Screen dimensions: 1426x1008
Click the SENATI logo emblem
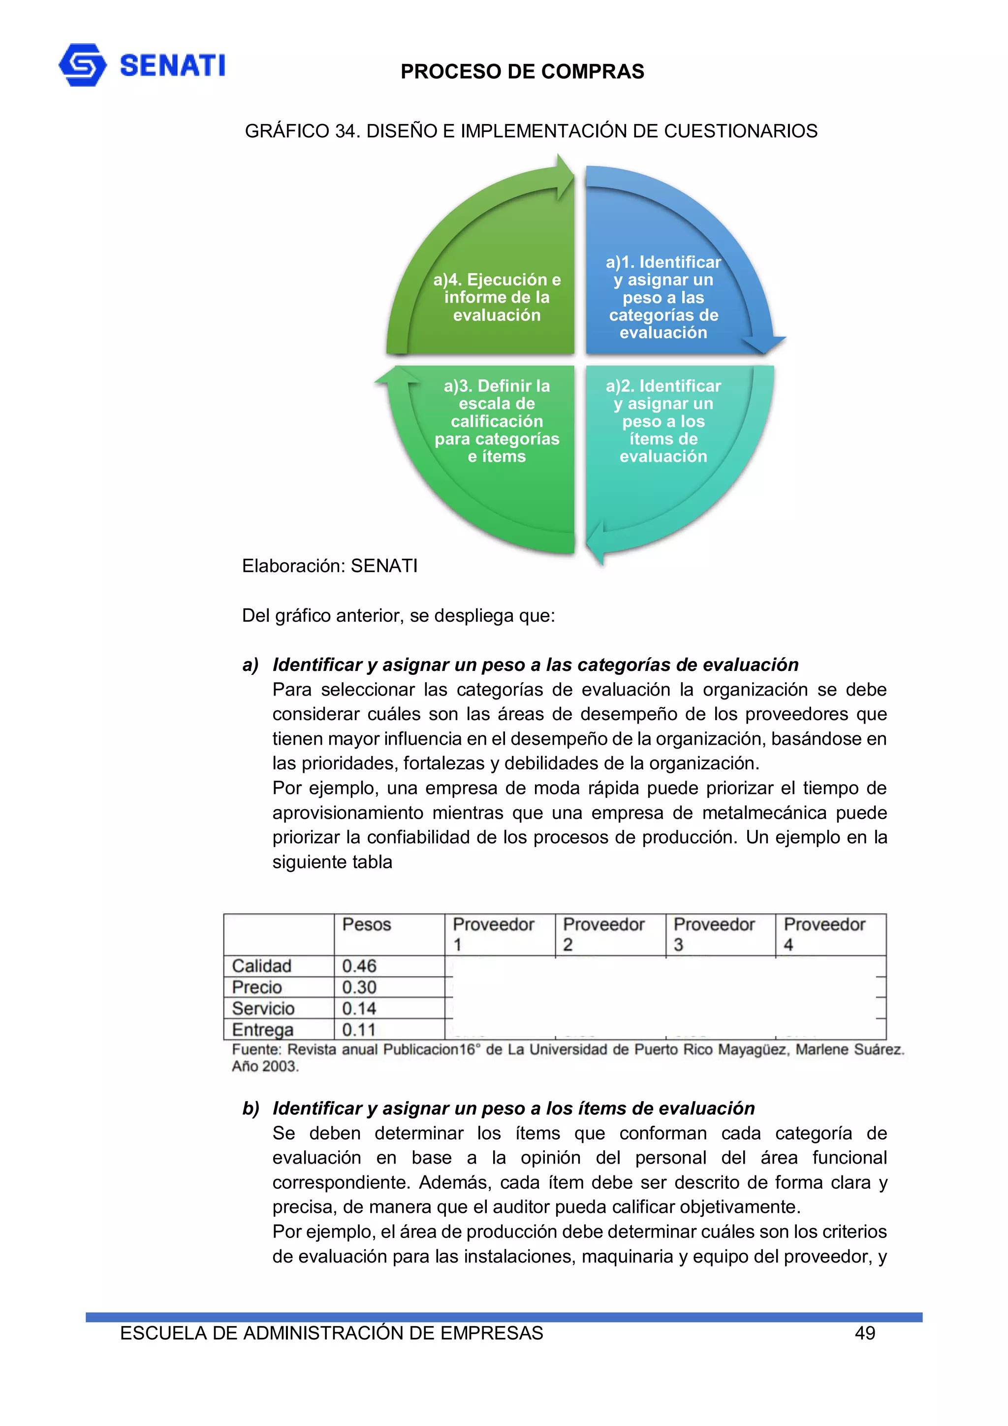82,64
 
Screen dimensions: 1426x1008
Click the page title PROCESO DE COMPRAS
522,71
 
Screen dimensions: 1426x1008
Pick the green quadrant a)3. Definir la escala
496,421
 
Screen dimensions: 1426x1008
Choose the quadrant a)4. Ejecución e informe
496,297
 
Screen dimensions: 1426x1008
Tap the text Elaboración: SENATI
329,566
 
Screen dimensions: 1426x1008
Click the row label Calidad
261,966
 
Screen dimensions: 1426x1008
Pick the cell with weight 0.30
359,987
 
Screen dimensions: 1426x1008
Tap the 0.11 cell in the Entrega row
359,1030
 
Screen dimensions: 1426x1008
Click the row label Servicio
263,1008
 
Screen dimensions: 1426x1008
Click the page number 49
865,1333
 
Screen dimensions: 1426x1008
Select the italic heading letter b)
251,1108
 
